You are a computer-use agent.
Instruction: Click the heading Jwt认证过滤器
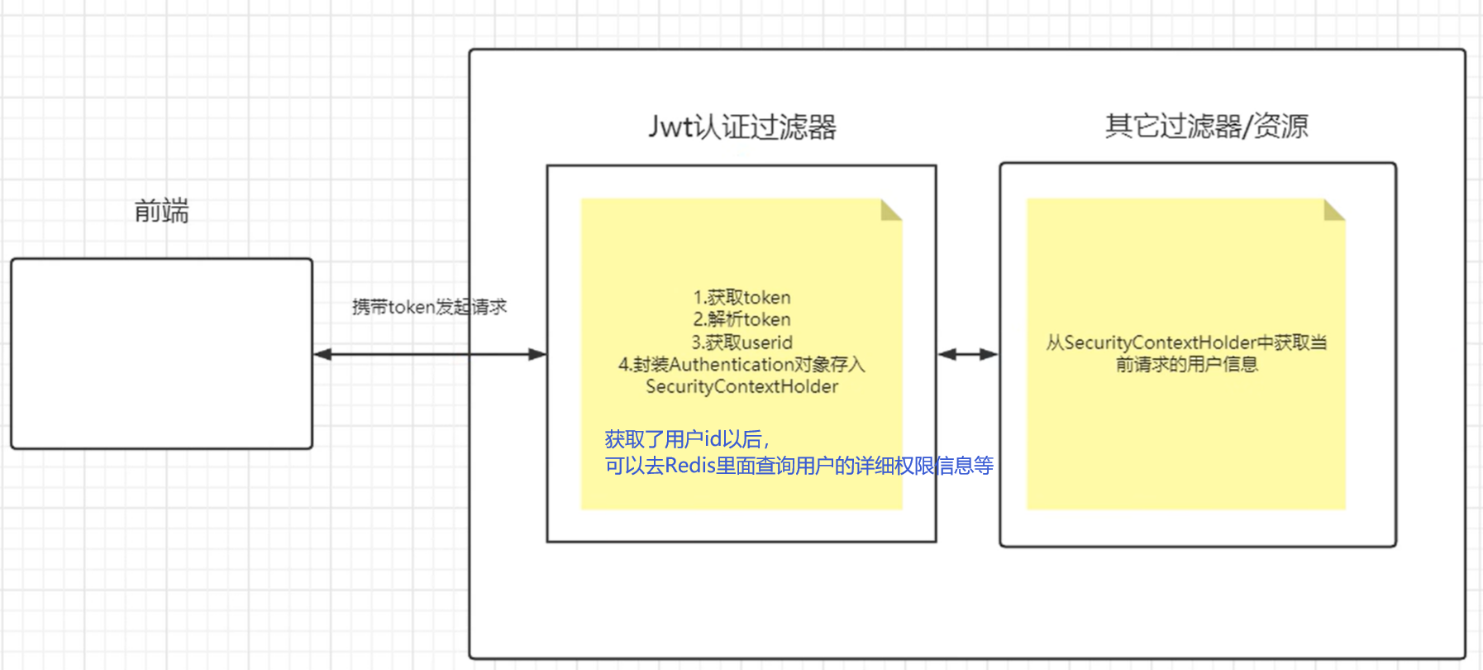click(741, 127)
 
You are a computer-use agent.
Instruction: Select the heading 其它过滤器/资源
click(1206, 126)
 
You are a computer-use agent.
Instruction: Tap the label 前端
click(161, 211)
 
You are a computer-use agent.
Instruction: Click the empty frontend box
click(161, 353)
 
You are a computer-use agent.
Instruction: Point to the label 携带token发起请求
click(429, 307)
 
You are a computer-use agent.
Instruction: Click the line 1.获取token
click(741, 297)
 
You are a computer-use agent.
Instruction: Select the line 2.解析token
click(741, 319)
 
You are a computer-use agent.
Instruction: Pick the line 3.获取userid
click(741, 342)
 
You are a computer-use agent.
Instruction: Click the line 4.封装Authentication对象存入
click(741, 364)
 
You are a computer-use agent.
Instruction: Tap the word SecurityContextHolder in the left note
click(741, 386)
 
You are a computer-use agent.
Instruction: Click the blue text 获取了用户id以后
click(686, 439)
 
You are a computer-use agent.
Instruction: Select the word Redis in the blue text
click(689, 466)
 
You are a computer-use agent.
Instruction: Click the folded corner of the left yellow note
click(889, 210)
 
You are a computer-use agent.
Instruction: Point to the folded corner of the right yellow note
click(1333, 210)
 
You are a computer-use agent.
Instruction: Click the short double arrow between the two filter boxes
click(968, 354)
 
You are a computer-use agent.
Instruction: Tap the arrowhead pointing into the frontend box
click(323, 354)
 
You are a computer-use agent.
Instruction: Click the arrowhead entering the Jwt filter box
click(537, 354)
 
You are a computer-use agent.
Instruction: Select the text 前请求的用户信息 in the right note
click(1186, 364)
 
